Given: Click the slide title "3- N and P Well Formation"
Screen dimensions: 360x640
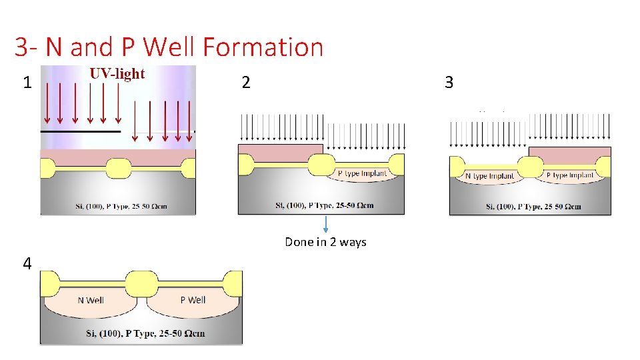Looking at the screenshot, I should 169,47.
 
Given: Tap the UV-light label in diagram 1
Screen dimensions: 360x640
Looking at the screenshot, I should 117,73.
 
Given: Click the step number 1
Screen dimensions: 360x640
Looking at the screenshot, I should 27,83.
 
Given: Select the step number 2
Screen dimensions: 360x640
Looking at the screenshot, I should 246,83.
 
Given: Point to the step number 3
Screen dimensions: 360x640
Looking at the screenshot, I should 449,83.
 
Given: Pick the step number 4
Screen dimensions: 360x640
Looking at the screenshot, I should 27,264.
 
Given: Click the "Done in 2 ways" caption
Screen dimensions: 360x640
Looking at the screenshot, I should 325,242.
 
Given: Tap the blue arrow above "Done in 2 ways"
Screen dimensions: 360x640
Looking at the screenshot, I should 325,225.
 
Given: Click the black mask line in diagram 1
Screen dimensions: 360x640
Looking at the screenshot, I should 80,132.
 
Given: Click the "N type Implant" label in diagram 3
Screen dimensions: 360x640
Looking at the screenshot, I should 489,176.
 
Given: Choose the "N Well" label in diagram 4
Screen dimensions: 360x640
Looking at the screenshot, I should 91,300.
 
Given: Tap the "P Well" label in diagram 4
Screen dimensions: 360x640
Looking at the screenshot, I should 193,300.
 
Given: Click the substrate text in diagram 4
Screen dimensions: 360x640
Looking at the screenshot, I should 145,333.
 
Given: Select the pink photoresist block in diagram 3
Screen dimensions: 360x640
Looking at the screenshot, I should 569,155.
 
